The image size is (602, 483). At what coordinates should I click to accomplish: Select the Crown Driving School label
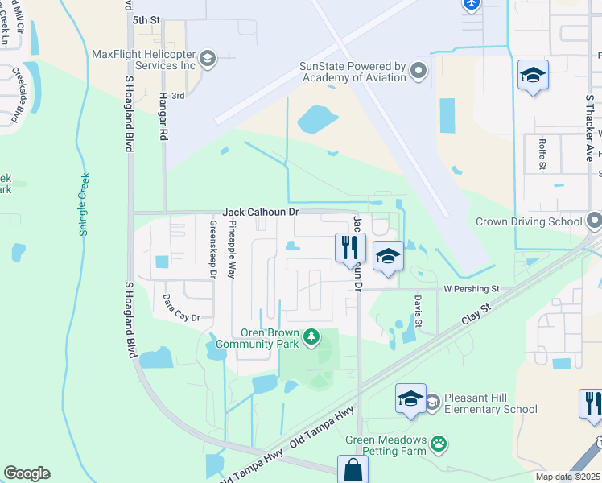pos(528,221)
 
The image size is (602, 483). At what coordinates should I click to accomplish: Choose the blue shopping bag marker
pos(353,469)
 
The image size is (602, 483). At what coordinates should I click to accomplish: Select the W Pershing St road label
pos(472,288)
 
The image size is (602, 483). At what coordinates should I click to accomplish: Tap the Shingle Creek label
pos(85,204)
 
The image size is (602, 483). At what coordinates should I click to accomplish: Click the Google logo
pos(27,473)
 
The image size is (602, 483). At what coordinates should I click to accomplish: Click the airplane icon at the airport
pos(472,4)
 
